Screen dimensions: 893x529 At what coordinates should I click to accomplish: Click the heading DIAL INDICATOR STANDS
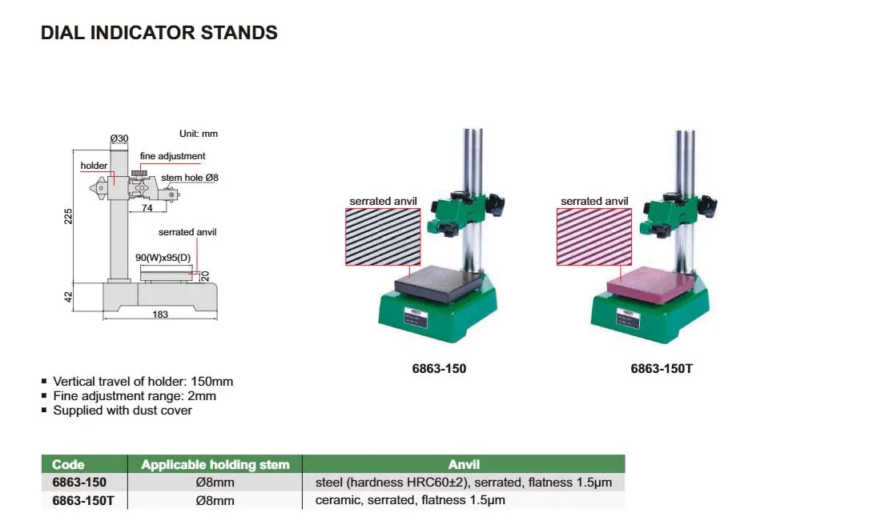pos(159,33)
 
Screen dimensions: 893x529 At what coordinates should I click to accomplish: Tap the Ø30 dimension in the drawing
pos(119,138)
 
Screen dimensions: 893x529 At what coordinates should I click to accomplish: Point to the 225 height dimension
pos(68,216)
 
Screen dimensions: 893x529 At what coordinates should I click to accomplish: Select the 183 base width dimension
pos(160,314)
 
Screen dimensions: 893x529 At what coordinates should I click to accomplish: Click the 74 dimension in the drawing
pos(147,208)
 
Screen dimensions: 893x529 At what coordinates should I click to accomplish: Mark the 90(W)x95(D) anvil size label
pos(163,258)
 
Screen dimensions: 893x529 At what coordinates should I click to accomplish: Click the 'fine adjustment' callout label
pos(172,156)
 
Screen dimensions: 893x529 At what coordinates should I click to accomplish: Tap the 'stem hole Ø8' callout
pos(190,178)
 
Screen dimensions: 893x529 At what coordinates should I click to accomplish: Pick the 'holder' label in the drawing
pos(94,166)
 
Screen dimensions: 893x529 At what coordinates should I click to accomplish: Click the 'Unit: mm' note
pos(198,134)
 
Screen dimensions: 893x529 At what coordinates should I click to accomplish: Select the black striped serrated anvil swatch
pos(383,237)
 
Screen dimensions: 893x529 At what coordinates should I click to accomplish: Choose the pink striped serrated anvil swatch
pos(594,237)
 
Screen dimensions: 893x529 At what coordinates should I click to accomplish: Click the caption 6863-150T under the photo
pos(662,369)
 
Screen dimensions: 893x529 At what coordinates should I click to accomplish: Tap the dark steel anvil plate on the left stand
pos(440,283)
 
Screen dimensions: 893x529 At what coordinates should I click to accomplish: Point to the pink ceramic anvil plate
pos(651,283)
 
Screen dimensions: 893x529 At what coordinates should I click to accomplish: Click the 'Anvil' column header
pos(464,464)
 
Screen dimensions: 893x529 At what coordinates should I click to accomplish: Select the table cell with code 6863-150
pos(79,483)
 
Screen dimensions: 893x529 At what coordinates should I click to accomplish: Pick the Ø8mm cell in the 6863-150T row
pos(215,500)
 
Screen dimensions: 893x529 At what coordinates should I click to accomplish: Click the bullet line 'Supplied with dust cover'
pos(123,410)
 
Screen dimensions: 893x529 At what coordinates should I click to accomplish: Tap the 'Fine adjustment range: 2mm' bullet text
pos(135,396)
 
